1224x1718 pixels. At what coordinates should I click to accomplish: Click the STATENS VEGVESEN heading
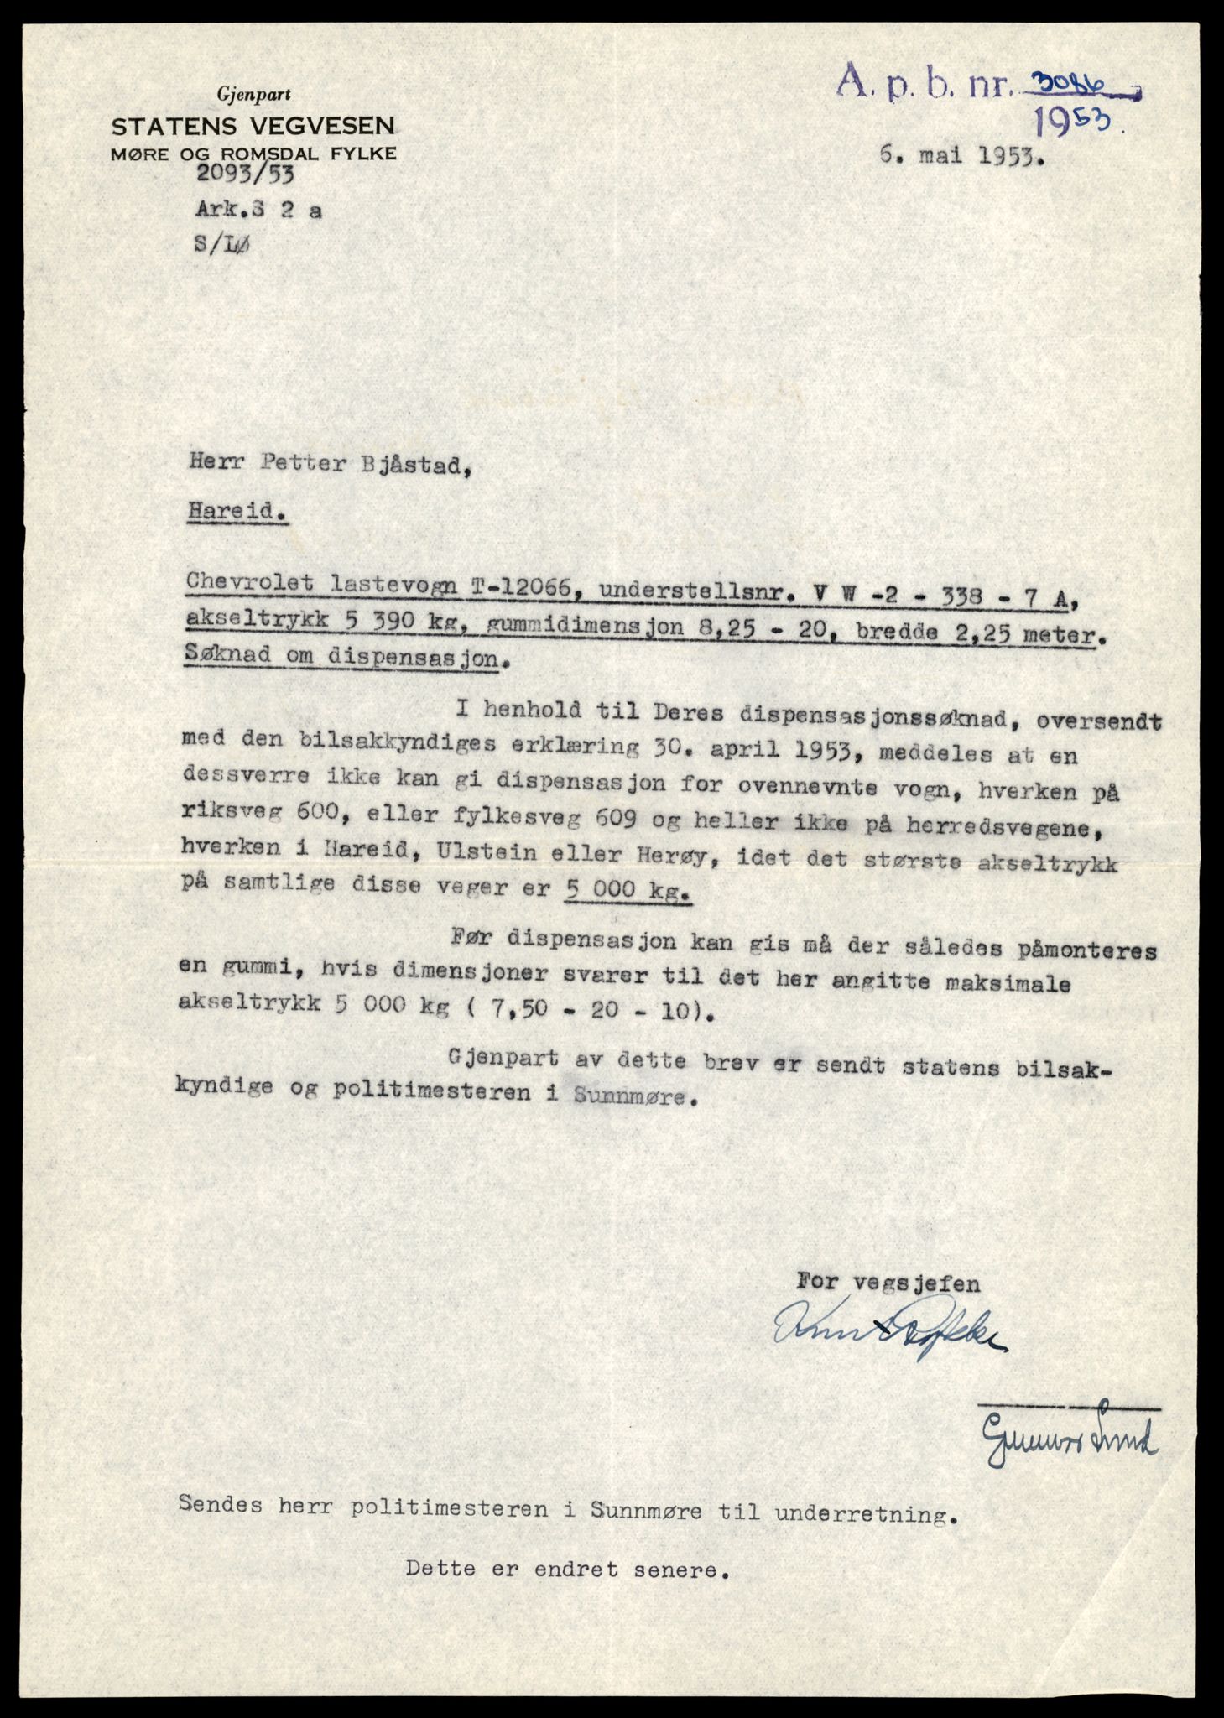pos(253,127)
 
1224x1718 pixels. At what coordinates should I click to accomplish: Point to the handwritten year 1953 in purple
pos(1077,123)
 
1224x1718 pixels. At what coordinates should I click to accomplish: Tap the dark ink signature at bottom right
pos(1069,1440)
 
